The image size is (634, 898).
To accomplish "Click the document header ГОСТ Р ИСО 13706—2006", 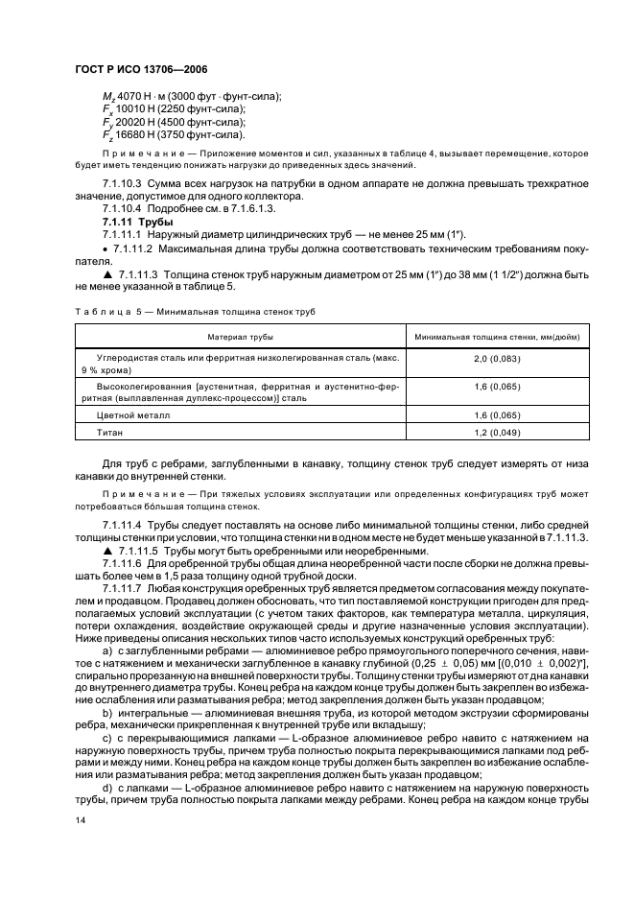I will (x=141, y=70).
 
